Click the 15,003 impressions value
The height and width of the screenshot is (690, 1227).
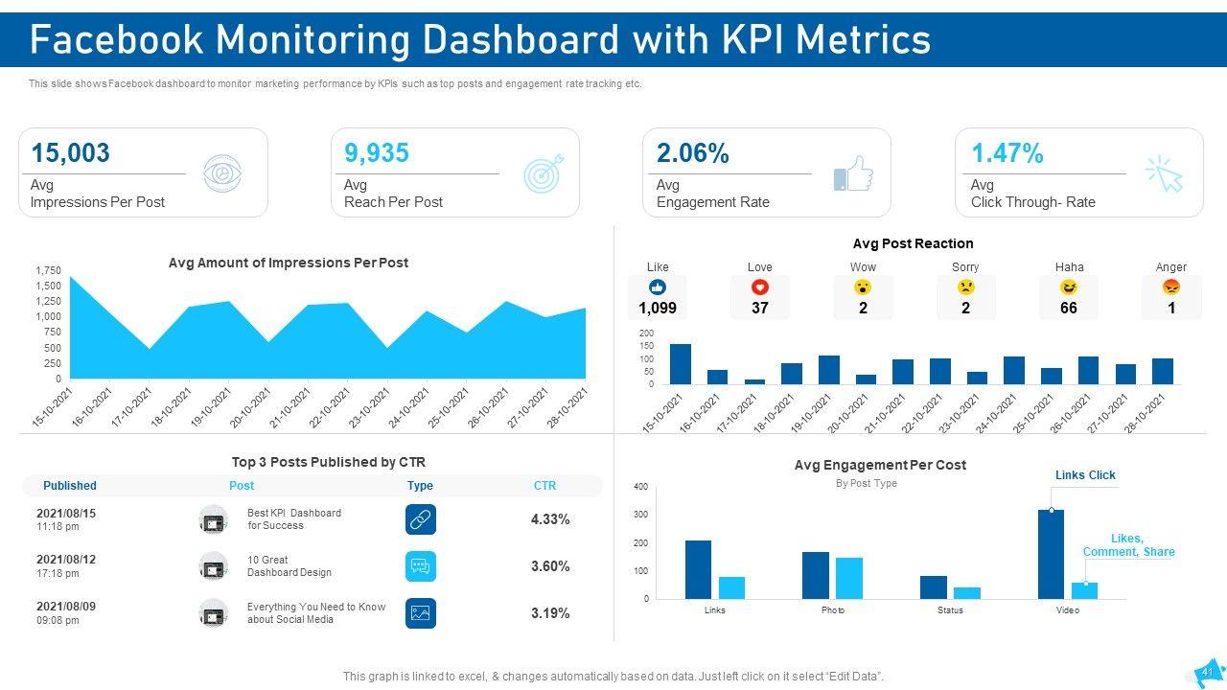(x=70, y=153)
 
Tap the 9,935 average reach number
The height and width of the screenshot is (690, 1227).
(x=377, y=153)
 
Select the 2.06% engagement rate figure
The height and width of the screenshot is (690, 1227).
(x=693, y=153)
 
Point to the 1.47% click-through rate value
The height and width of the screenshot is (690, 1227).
(x=1007, y=153)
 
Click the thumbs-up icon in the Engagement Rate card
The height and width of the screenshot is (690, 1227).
(x=853, y=174)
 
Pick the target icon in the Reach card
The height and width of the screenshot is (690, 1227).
(x=544, y=173)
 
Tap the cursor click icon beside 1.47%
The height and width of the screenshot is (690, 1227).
(x=1165, y=173)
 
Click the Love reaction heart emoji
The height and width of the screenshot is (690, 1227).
(x=760, y=287)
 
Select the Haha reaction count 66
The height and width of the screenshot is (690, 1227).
(x=1069, y=309)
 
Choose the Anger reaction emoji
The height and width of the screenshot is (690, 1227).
(x=1170, y=287)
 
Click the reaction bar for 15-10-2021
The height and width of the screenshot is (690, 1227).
(x=681, y=364)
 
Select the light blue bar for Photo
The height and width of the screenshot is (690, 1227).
(x=848, y=578)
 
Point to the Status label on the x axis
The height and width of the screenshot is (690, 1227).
(x=950, y=610)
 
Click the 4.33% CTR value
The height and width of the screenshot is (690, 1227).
(x=550, y=519)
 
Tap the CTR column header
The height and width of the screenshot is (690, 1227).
(x=544, y=486)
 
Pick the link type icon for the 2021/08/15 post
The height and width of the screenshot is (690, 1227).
(x=420, y=519)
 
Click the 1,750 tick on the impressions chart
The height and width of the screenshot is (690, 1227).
(x=47, y=271)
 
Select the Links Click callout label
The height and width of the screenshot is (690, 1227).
(x=1085, y=475)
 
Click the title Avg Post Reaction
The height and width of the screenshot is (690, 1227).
(x=913, y=243)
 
